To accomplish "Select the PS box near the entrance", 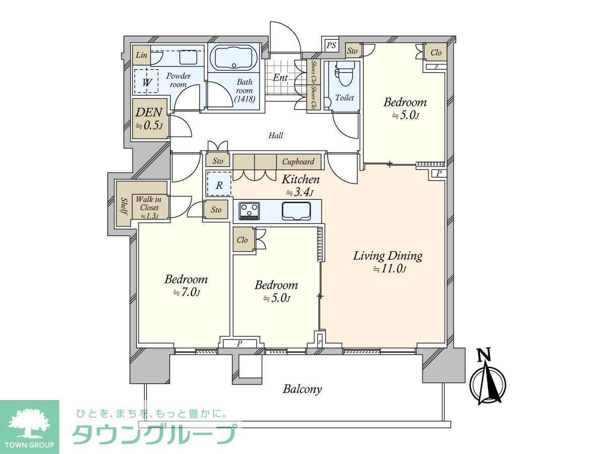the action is click(331, 45).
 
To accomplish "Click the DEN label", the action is click(149, 112).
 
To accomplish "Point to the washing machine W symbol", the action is click(146, 81).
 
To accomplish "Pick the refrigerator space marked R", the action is click(219, 184).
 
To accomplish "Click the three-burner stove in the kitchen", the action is click(249, 211).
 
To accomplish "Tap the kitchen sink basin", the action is click(296, 211).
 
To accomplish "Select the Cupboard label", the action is click(298, 161).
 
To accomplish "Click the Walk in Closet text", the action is click(149, 203).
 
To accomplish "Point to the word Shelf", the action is click(125, 206).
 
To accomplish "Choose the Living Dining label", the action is click(388, 256).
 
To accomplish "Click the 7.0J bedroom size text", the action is click(187, 292).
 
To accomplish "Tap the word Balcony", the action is click(302, 389).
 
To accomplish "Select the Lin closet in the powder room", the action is click(141, 55).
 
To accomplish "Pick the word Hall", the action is click(276, 135).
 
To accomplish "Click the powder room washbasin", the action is click(188, 57).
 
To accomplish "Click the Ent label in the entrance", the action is click(280, 78).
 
